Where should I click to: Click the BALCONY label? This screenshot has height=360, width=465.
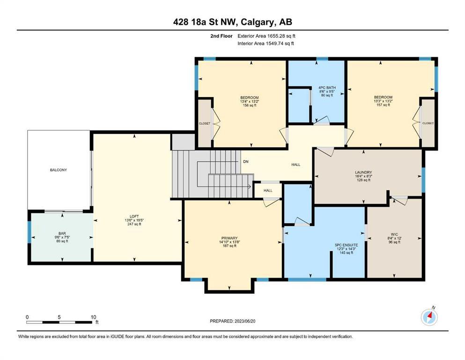[x=59, y=170]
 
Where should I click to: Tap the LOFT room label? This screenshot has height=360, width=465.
[x=134, y=217]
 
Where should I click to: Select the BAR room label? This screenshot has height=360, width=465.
[x=62, y=233]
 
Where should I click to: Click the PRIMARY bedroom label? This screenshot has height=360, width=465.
[x=229, y=238]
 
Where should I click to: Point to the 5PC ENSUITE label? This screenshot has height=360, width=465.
[x=347, y=245]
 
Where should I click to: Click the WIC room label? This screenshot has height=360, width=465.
[x=394, y=234]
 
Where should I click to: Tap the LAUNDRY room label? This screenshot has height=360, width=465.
[x=363, y=172]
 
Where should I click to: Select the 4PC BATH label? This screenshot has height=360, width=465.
[x=327, y=88]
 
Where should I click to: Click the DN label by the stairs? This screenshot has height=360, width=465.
[x=246, y=162]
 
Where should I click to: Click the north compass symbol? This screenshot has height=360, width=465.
[x=429, y=317]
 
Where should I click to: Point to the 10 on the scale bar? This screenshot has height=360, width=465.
[x=93, y=317]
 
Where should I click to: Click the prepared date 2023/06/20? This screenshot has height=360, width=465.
[x=245, y=321]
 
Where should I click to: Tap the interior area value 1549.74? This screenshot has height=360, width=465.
[x=276, y=43]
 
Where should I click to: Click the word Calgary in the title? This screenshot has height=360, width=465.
[x=257, y=22]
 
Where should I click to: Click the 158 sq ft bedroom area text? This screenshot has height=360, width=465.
[x=250, y=105]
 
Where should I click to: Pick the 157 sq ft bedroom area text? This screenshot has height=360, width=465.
[x=383, y=105]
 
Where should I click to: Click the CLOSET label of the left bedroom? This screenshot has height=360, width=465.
[x=205, y=123]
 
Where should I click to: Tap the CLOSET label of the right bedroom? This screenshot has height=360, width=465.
[x=428, y=123]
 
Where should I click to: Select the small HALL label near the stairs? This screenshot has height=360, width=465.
[x=268, y=190]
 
